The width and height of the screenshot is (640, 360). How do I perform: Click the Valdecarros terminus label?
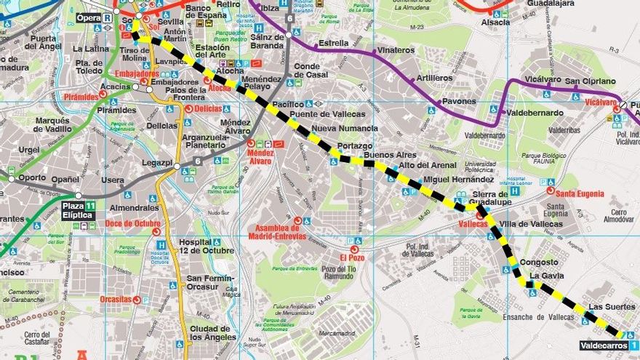[603, 345]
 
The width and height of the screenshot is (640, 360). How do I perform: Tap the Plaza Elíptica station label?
[79, 211]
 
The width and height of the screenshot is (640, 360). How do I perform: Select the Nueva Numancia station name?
[344, 129]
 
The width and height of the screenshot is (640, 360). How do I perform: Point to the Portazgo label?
[354, 146]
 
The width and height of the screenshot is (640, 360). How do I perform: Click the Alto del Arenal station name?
[428, 165]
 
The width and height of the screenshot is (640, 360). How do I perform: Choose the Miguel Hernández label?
[458, 179]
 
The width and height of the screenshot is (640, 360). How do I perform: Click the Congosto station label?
[540, 263]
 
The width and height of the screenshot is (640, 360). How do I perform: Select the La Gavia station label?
[546, 276]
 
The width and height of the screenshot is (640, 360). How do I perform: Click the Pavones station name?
[459, 102]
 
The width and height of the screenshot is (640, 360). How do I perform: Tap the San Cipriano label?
[590, 81]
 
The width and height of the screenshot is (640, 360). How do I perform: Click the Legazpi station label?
[157, 166]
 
